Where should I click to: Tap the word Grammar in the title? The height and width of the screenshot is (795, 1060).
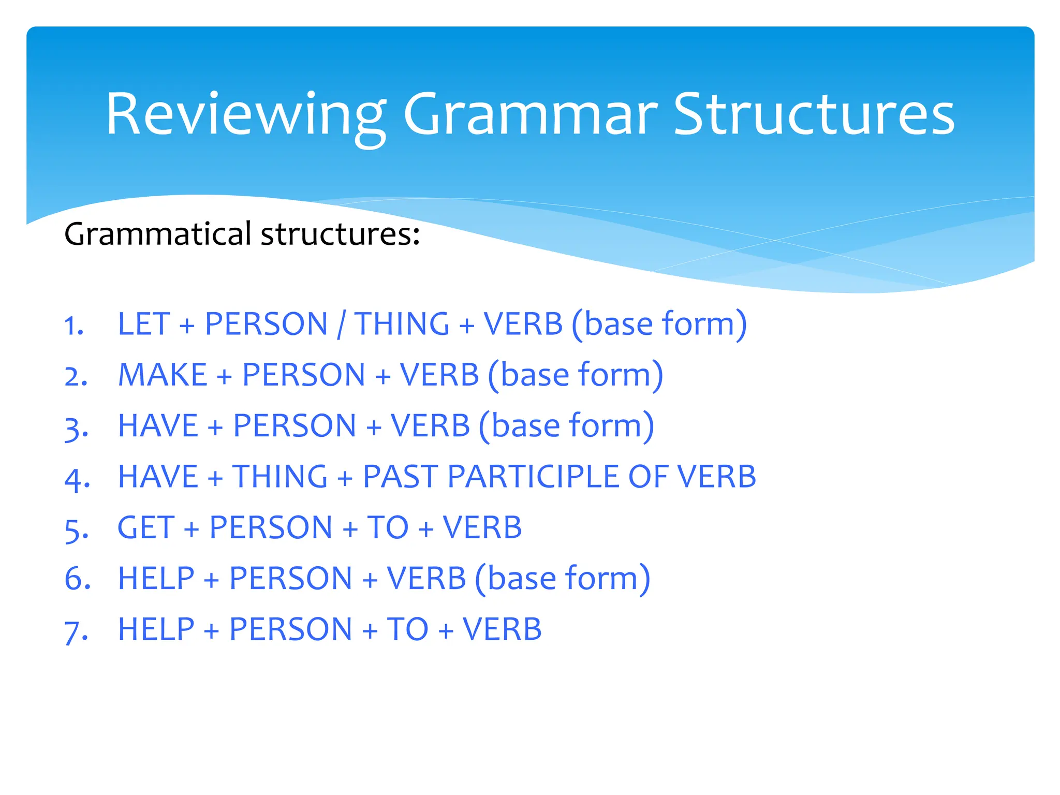[530, 115]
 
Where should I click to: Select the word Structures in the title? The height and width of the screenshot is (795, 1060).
[814, 115]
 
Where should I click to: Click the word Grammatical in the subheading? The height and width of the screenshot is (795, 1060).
[157, 234]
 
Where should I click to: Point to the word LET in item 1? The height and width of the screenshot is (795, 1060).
[143, 325]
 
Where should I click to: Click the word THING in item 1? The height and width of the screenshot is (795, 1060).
[402, 325]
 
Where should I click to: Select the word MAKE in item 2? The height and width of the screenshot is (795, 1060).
[163, 375]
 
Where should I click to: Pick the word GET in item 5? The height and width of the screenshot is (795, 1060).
[145, 528]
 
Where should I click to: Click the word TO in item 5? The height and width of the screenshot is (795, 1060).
[388, 528]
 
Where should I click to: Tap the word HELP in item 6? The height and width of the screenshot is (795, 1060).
[156, 579]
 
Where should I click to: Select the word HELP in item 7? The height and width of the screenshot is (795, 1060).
[156, 629]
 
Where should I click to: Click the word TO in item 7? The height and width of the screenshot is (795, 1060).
[407, 629]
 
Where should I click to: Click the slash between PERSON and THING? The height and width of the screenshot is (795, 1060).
[341, 325]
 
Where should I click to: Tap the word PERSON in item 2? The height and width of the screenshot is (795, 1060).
[304, 375]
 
